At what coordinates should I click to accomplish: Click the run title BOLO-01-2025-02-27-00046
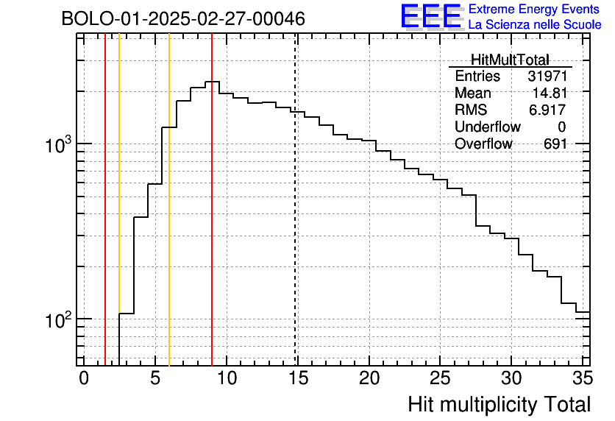point(183,19)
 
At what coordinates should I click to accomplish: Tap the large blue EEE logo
point(431,16)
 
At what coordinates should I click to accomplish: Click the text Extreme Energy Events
point(534,10)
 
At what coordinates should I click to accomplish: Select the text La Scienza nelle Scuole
point(534,24)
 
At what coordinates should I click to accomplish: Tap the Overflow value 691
point(555,144)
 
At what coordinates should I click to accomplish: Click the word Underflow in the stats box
point(487,127)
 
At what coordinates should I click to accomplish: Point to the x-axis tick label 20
point(369,378)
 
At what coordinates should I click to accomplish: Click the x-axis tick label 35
point(582,378)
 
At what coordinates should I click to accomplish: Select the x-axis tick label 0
point(84,378)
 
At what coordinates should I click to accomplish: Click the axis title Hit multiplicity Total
point(499,404)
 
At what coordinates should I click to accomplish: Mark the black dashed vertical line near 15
point(296,221)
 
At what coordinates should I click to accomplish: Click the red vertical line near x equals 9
point(212,221)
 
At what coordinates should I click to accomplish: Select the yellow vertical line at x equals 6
point(169,221)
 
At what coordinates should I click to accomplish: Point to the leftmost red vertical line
point(105,221)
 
